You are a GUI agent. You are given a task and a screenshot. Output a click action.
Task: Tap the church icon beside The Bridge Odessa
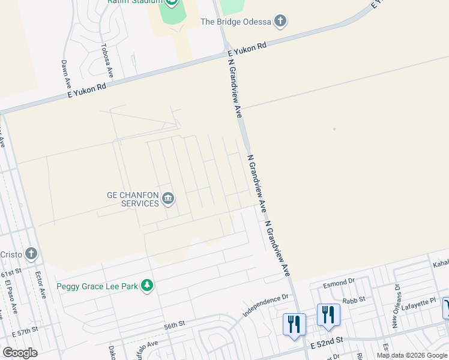coord(280,22)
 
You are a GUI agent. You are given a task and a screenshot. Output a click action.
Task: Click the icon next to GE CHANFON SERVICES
coord(169,199)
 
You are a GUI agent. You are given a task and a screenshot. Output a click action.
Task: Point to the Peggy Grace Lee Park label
coord(97,286)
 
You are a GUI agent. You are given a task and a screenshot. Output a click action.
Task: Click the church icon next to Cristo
coord(31,254)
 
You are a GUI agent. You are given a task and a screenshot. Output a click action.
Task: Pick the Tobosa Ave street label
coord(107,59)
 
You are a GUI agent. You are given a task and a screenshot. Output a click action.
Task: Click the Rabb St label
coord(354,301)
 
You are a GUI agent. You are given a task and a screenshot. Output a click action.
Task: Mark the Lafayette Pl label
coord(420,301)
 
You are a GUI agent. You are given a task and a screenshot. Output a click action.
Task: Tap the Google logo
coord(20,352)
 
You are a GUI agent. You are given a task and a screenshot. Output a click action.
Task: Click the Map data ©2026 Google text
coord(412,355)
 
